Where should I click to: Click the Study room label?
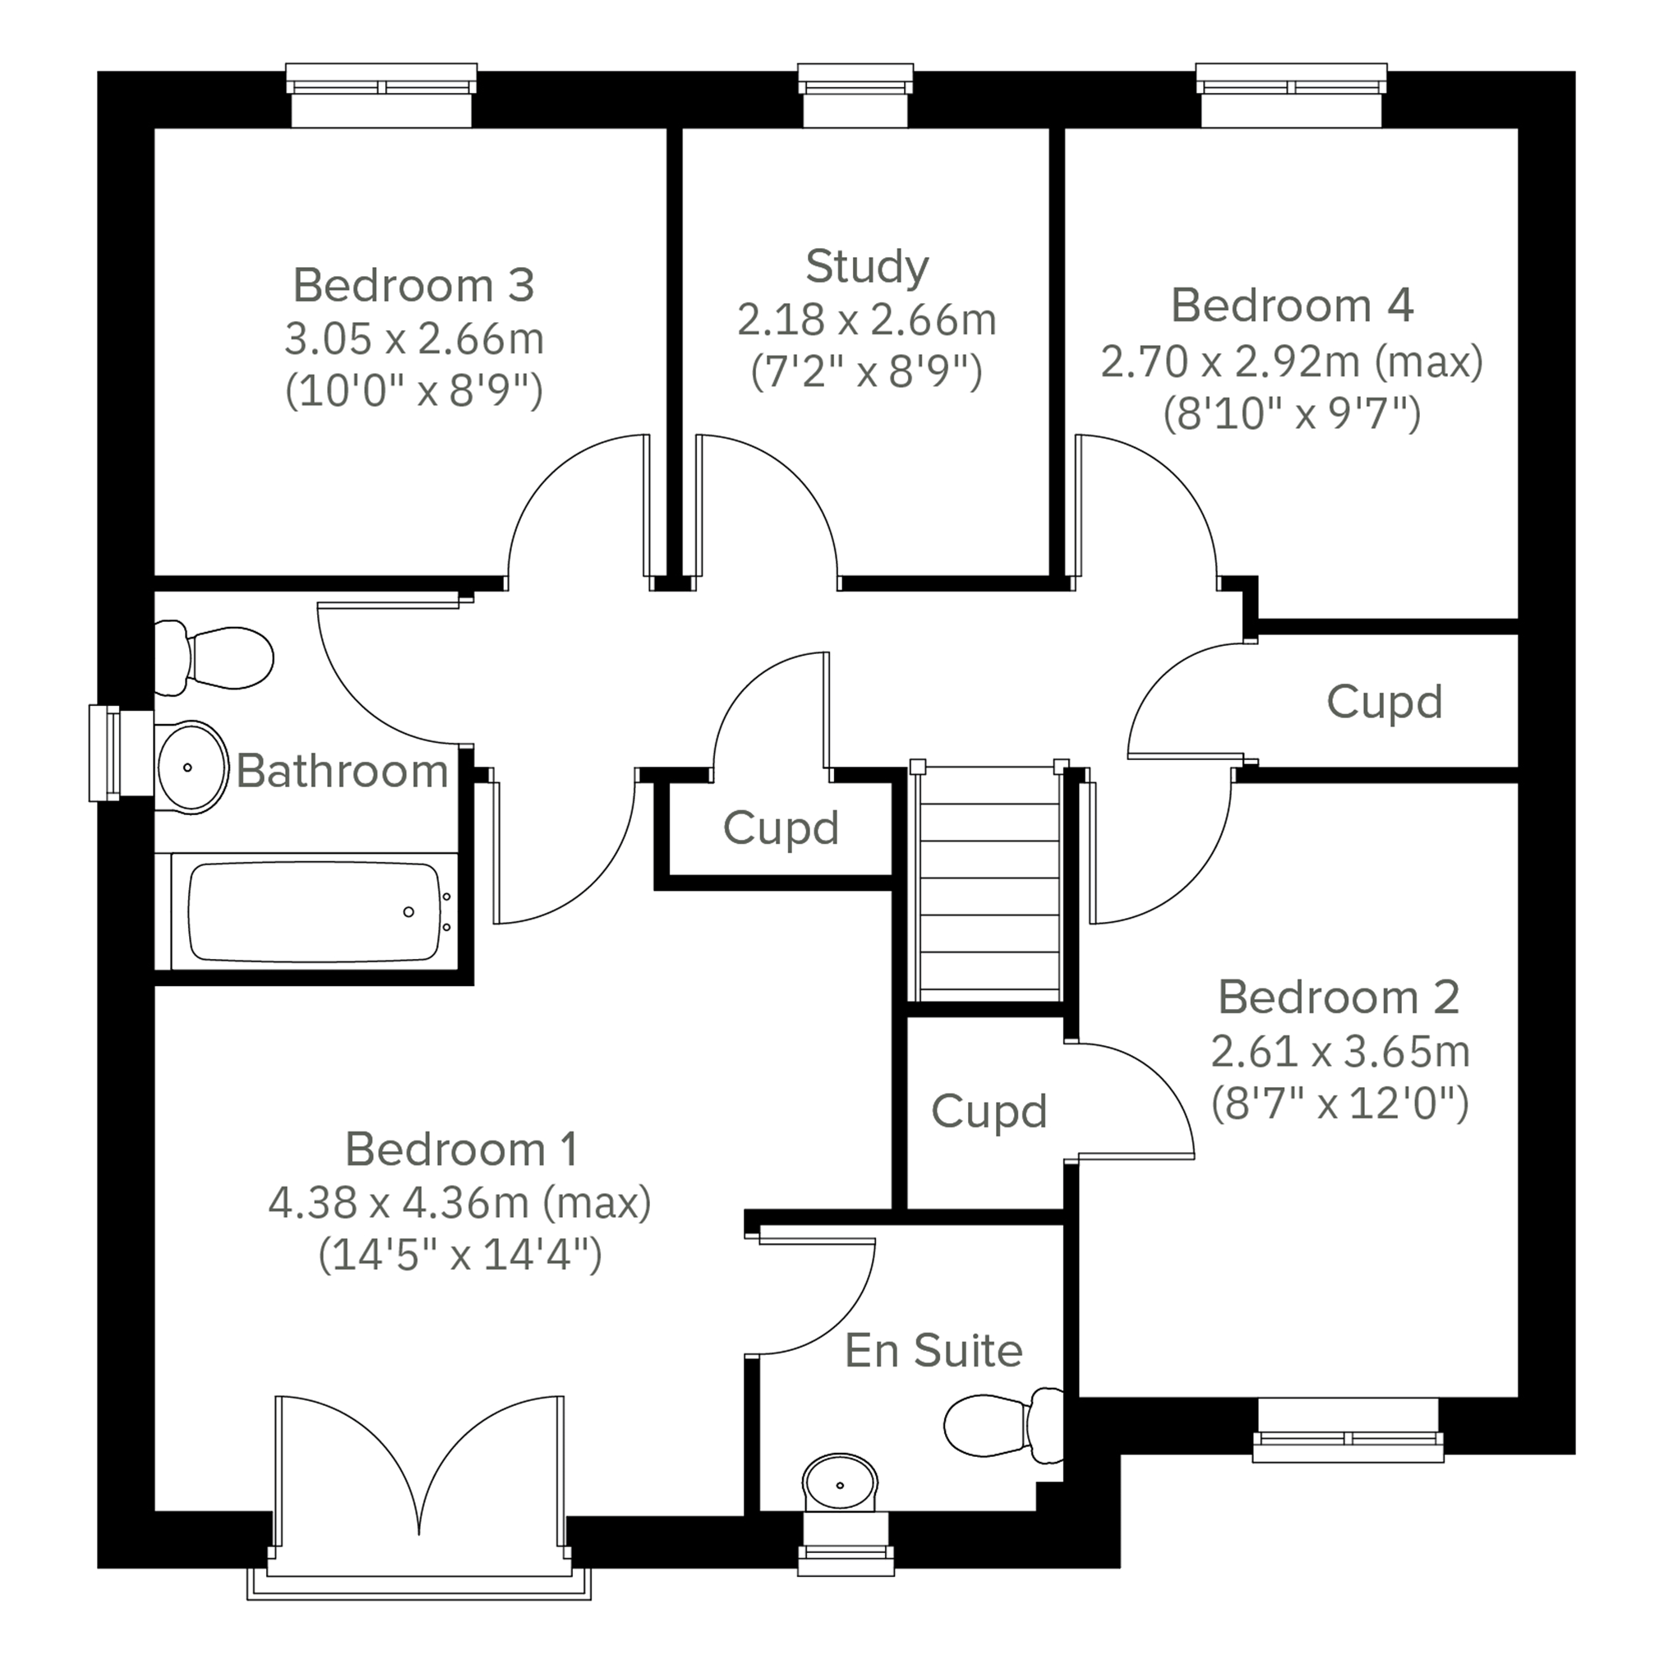pyautogui.click(x=866, y=267)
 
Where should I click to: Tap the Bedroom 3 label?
pyautogui.click(x=413, y=285)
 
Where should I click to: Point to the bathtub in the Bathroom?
pyautogui.click(x=315, y=911)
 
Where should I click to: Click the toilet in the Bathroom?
pyautogui.click(x=214, y=658)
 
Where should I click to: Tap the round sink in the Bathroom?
pyautogui.click(x=191, y=767)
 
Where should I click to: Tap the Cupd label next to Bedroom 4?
pyautogui.click(x=1384, y=703)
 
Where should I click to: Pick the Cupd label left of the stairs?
pyautogui.click(x=781, y=828)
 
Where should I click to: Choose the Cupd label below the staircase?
pyautogui.click(x=989, y=1112)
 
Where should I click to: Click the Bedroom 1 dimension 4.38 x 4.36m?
pyautogui.click(x=398, y=1203)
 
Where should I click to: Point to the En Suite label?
pyautogui.click(x=933, y=1350)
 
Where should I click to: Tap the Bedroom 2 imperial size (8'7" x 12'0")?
pyautogui.click(x=1339, y=1104)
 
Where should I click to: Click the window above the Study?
pyautogui.click(x=855, y=94)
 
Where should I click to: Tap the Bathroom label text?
pyautogui.click(x=342, y=771)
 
